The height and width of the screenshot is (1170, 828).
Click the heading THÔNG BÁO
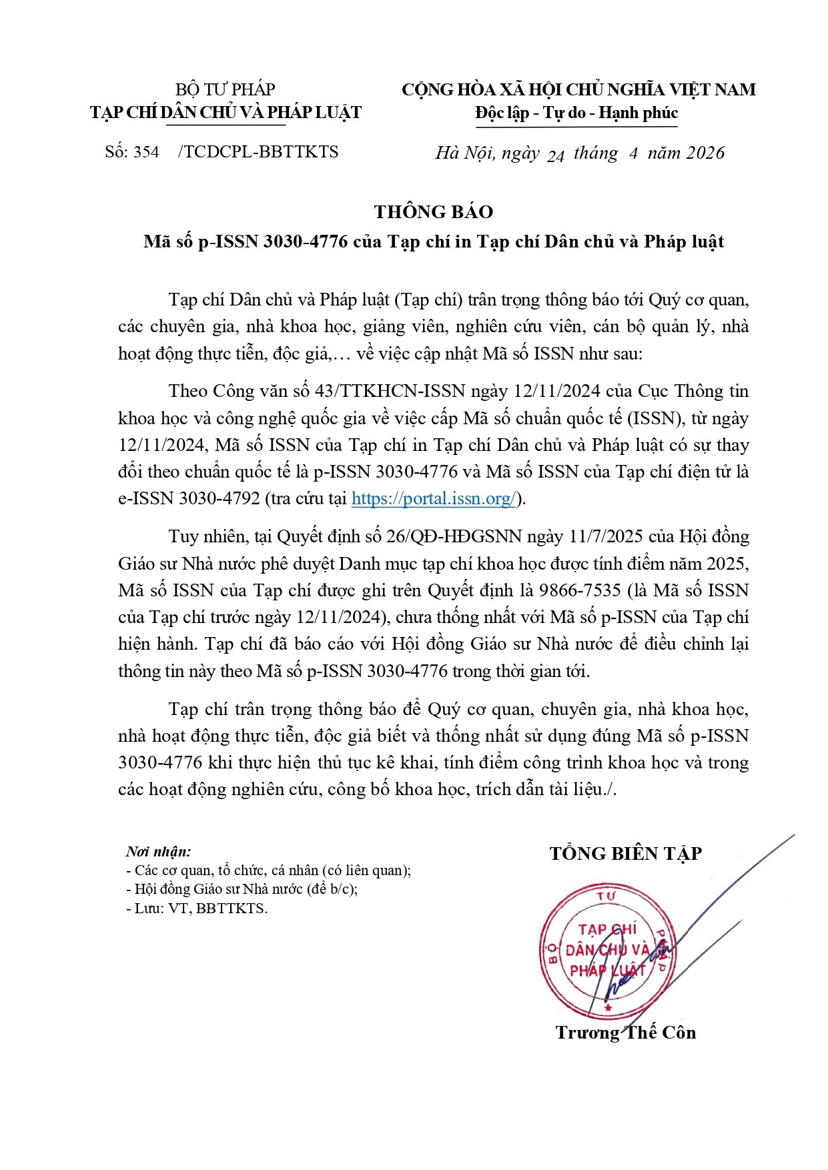tap(434, 212)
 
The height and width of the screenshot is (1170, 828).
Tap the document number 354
tap(146, 152)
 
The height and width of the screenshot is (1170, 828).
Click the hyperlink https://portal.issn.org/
tap(434, 499)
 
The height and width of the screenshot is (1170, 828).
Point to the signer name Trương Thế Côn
tap(625, 1033)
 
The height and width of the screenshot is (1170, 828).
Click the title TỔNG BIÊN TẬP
tap(625, 854)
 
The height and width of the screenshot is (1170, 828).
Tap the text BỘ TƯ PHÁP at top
tap(226, 89)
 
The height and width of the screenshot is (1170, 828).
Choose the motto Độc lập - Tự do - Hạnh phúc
tap(576, 113)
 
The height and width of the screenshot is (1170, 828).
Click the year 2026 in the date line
tap(705, 153)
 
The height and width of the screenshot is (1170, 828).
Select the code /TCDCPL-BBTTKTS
tap(258, 152)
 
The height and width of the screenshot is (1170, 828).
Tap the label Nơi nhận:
tap(158, 852)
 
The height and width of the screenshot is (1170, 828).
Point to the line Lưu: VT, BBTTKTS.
tap(197, 909)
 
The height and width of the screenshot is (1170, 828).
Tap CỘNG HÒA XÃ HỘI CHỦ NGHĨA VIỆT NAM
tap(578, 89)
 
